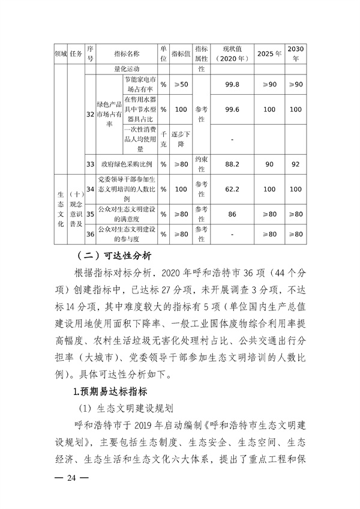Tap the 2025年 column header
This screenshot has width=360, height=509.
(x=269, y=53)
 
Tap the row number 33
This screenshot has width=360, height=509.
(x=91, y=163)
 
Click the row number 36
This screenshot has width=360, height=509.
(x=91, y=233)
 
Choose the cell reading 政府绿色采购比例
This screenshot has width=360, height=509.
(x=127, y=163)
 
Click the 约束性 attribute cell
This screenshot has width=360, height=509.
(x=201, y=163)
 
